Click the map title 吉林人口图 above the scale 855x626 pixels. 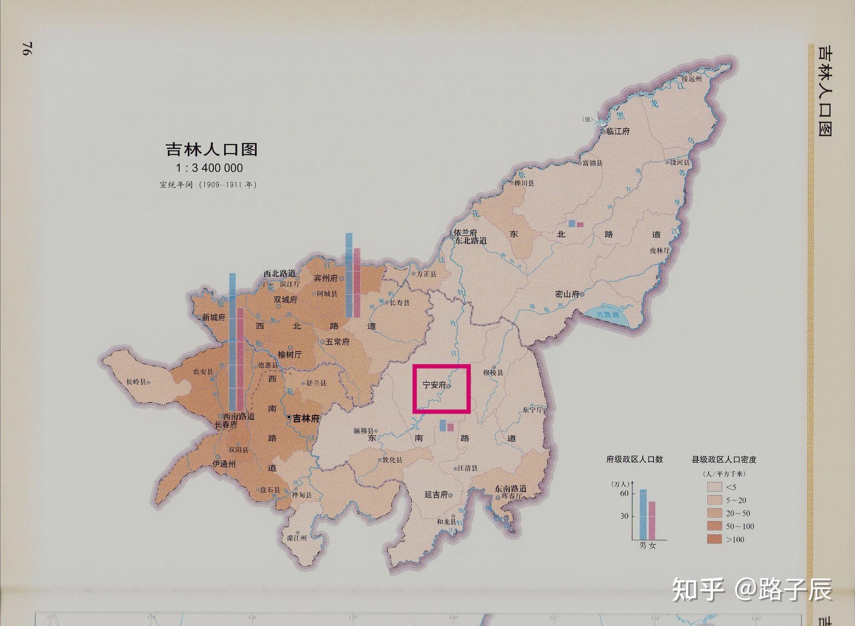[211, 149]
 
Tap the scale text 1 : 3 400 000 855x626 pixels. [209, 168]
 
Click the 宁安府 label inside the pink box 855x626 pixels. [434, 385]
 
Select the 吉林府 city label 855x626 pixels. [306, 418]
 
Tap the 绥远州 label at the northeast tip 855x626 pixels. [692, 79]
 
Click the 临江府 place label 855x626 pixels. [618, 131]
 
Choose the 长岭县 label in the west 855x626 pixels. [136, 382]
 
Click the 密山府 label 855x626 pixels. [567, 294]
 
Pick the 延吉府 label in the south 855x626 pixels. [436, 495]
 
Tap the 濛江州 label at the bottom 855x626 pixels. [297, 538]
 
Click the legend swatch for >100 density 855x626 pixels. [714, 539]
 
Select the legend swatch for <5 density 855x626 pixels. [714, 487]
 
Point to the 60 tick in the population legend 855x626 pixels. [624, 493]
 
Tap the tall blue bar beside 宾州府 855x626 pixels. [349, 275]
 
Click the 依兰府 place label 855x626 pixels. [465, 233]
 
